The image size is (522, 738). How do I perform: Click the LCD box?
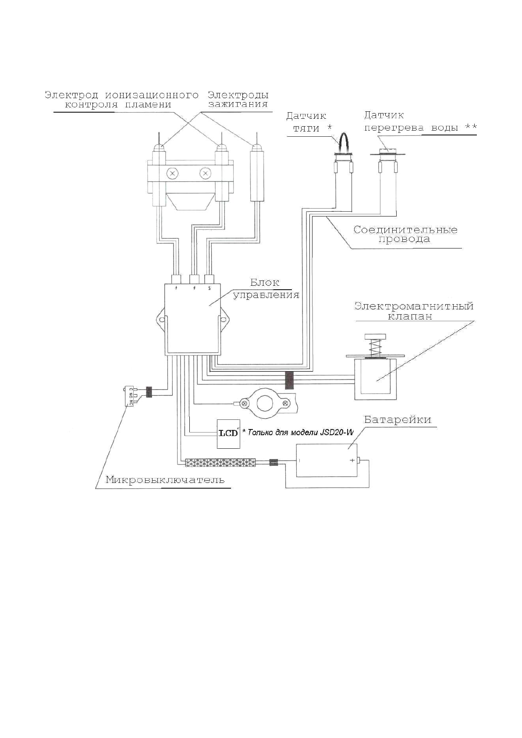tap(228, 434)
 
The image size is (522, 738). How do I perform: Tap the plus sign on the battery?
tap(352, 460)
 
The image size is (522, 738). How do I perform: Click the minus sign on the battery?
tap(299, 460)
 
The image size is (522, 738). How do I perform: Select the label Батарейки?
tap(398, 419)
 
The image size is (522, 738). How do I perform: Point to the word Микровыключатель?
tap(165, 480)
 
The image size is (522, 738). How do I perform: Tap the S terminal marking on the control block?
tap(209, 288)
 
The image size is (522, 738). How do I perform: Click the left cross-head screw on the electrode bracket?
tap(172, 173)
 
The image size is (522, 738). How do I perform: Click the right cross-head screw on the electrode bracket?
tap(206, 173)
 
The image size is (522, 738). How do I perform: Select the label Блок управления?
tap(266, 288)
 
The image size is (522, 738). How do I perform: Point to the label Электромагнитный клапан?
tap(414, 311)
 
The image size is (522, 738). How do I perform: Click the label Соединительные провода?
tap(405, 234)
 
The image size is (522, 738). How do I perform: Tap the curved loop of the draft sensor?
tap(343, 142)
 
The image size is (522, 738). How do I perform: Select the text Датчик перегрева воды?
tap(420, 121)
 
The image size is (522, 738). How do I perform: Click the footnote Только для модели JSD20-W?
tap(298, 432)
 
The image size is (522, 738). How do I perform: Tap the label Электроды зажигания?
tap(238, 99)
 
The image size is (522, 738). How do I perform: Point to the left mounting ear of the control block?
tap(160, 319)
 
